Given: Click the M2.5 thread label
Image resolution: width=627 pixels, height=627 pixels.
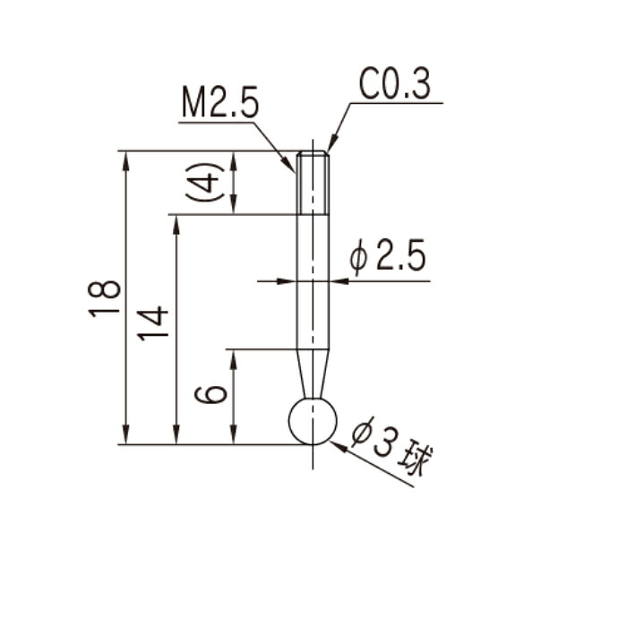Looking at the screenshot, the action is point(220,102).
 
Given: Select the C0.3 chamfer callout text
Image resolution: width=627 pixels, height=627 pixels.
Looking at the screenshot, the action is point(395,84).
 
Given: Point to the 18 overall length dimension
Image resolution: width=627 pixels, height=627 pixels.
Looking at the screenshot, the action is point(104,298).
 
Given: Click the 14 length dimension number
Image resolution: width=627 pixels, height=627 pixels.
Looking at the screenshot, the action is point(153,324).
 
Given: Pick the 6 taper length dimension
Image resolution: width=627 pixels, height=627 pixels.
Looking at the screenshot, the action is point(210,395).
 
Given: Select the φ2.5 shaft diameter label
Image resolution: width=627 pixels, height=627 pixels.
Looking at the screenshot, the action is point(387,257).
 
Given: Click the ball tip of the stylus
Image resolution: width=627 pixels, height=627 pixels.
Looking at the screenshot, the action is point(313,421).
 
